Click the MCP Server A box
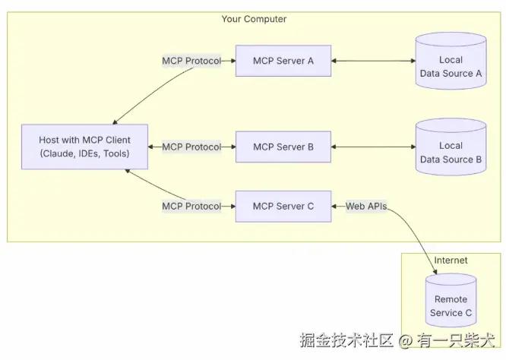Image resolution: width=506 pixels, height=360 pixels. pos(283,61)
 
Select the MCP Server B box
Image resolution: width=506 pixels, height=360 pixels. pos(283,147)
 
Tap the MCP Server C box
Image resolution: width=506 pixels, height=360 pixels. pos(283,206)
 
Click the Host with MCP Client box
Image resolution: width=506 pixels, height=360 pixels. pos(84,147)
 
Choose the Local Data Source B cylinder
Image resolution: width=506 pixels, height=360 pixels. pos(451,152)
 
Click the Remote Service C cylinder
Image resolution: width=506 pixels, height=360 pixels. pos(452,304)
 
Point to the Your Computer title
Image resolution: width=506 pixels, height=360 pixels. pos(254,19)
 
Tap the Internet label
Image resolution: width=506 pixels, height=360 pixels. pos(451,261)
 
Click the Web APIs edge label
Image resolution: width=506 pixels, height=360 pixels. pos(366,206)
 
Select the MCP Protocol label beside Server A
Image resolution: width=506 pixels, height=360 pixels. pos(191,61)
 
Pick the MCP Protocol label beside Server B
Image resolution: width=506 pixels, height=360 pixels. pos(191,147)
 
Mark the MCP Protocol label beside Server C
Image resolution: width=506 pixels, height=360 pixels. pos(191,206)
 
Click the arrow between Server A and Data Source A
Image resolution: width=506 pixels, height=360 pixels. pos(373,61)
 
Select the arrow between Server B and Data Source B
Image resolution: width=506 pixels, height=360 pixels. pos(373,147)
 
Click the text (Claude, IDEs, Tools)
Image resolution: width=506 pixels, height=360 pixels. pos(84,154)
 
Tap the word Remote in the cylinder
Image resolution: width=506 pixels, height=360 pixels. pos(451,299)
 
